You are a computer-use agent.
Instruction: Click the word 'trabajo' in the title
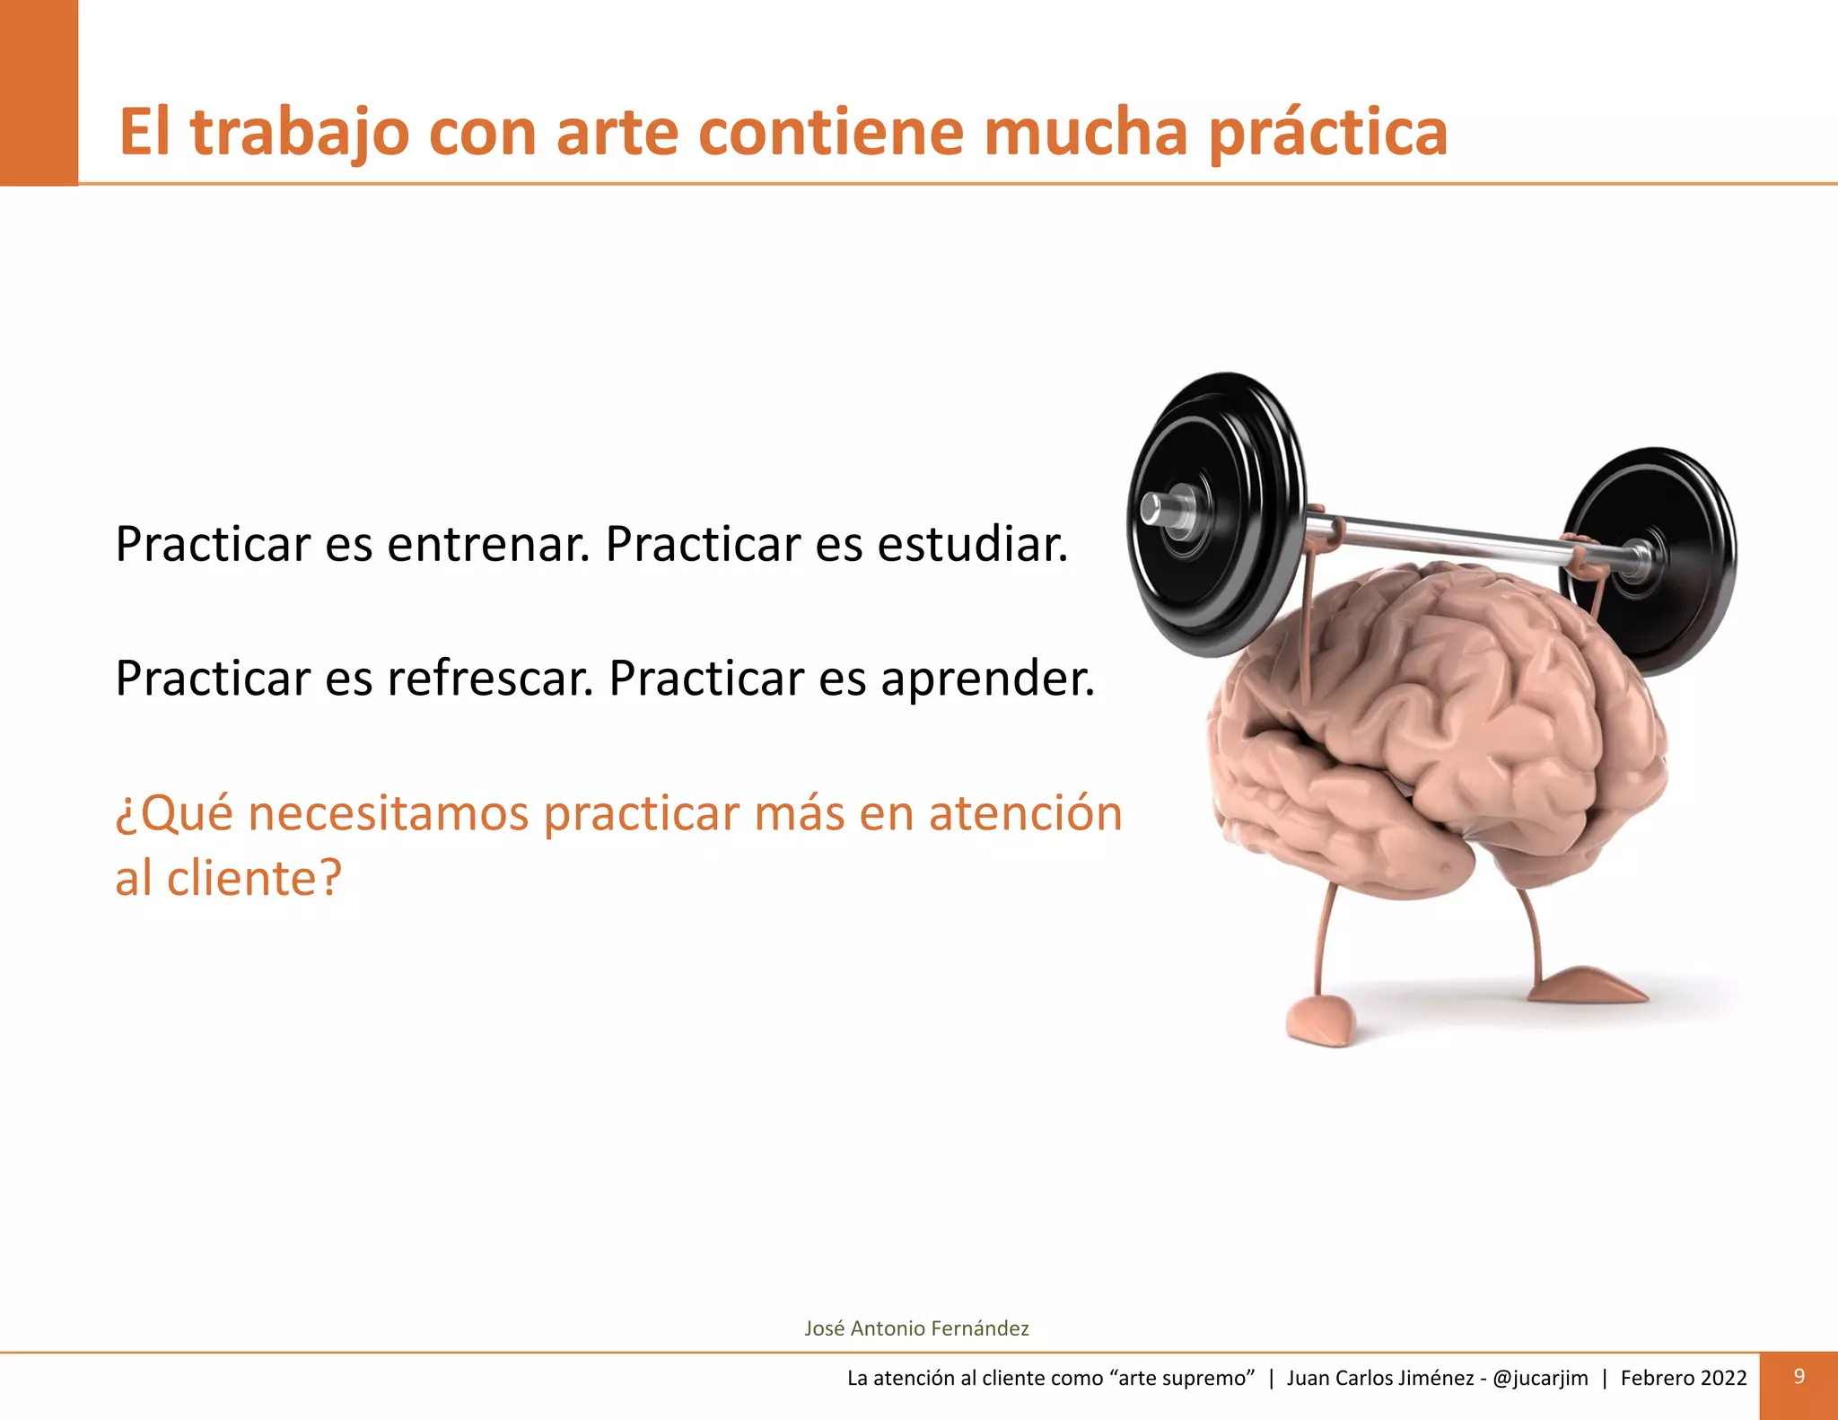301,133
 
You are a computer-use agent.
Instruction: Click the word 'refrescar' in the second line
490,679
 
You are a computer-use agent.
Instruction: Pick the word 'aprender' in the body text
987,679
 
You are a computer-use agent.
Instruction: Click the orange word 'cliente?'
255,878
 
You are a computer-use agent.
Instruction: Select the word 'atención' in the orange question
1025,814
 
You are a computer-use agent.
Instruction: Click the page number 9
1799,1377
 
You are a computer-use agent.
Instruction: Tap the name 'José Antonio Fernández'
916,1328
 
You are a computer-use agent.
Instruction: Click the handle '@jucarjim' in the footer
1540,1378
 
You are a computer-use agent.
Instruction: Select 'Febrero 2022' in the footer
1684,1378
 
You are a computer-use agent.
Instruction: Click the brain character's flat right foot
1589,985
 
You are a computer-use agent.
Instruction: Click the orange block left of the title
39,92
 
